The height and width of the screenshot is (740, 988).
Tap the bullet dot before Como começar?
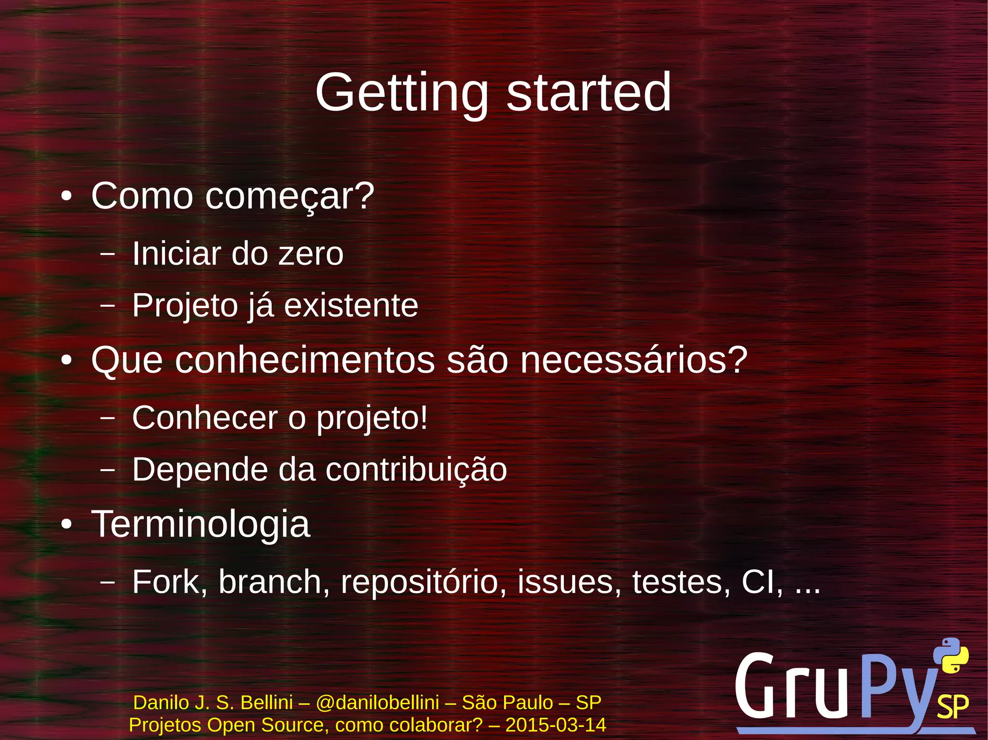(67, 197)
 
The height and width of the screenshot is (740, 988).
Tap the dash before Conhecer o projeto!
(107, 417)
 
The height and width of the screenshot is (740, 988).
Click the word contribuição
(416, 470)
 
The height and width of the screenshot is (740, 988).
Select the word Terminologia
(201, 524)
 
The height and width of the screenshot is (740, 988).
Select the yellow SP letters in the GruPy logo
(952, 707)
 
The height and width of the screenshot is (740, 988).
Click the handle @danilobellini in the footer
(377, 703)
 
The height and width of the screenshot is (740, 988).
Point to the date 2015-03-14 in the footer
(555, 725)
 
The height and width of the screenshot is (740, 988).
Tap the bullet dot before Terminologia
(67, 525)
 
